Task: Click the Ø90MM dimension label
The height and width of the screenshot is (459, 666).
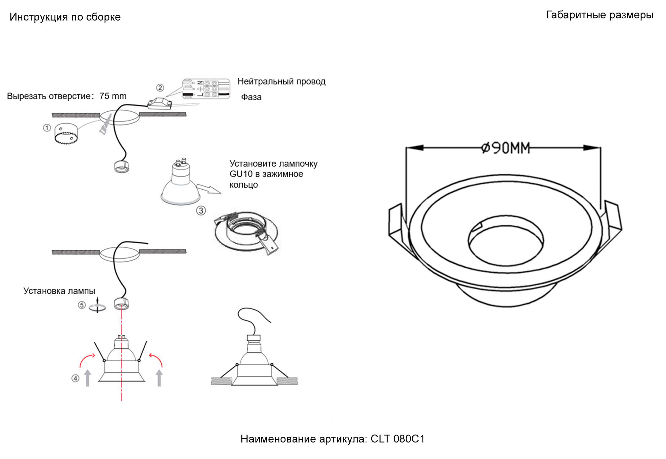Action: click(505, 148)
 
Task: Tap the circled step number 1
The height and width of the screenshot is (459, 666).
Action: click(47, 128)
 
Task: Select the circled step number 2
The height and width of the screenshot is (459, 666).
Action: click(160, 88)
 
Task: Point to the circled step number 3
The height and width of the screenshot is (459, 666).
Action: click(201, 211)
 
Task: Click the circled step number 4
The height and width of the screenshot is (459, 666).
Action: click(75, 378)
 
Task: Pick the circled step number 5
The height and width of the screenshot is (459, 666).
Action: click(81, 305)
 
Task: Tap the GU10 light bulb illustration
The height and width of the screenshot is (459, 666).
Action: click(180, 184)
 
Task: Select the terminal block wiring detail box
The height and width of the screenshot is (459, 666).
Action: click(206, 89)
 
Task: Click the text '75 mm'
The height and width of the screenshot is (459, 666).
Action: click(113, 96)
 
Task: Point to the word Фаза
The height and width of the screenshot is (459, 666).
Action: click(251, 97)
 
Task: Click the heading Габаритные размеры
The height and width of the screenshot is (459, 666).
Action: click(600, 15)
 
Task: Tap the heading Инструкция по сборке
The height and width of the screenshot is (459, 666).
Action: click(65, 17)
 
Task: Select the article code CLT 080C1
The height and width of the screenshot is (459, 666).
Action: click(398, 439)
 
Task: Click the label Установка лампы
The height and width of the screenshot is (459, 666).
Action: click(59, 291)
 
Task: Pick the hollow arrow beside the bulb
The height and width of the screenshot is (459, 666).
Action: click(208, 188)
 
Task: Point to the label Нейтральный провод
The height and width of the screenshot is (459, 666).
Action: click(281, 81)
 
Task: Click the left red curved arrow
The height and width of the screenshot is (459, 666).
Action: click(86, 360)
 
